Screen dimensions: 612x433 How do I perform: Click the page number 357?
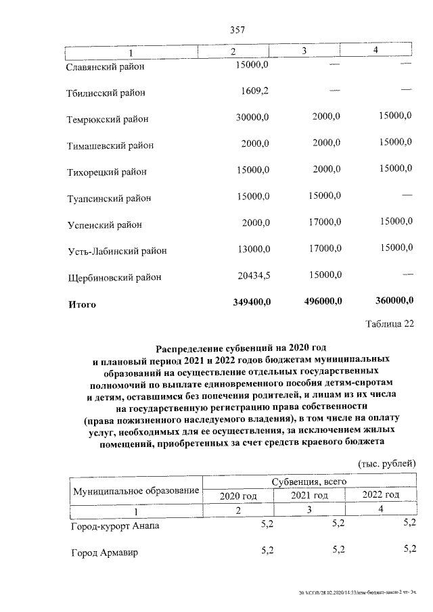[x=237, y=30]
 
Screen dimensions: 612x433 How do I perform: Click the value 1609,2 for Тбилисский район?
[x=255, y=91]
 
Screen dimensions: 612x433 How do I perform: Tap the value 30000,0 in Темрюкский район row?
[x=252, y=118]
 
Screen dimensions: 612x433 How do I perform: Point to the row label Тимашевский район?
[x=110, y=145]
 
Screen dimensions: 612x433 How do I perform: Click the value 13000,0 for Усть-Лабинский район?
[x=252, y=249]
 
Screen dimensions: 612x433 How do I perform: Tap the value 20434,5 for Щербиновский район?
[x=252, y=275]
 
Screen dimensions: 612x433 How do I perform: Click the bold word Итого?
[x=83, y=304]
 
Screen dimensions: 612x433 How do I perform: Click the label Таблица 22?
[x=389, y=324]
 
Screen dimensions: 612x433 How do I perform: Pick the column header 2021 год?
[x=309, y=496]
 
